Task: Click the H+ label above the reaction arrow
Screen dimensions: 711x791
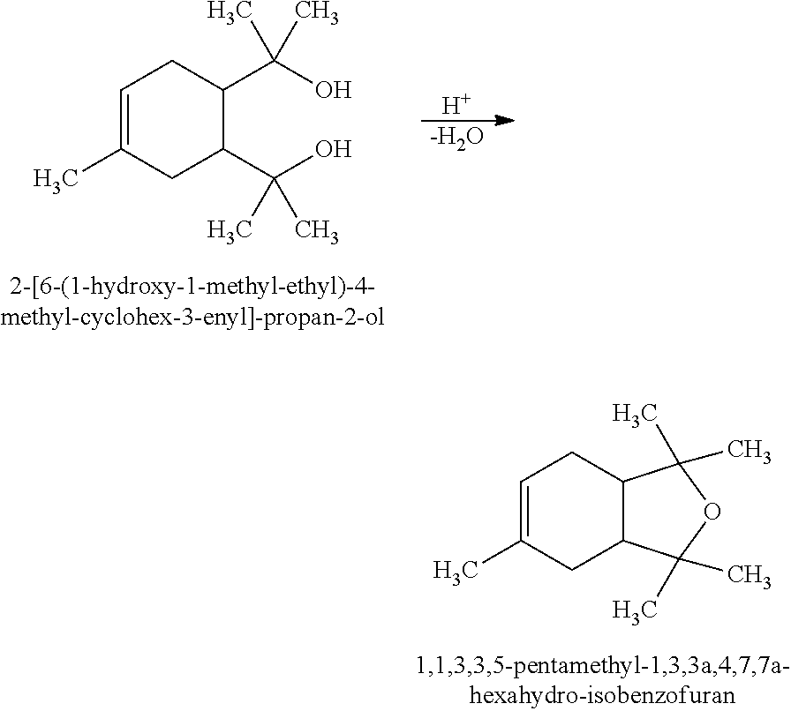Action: pyautogui.click(x=456, y=106)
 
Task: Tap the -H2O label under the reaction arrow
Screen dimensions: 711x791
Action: pyautogui.click(x=456, y=138)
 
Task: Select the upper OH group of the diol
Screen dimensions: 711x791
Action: pyautogui.click(x=333, y=90)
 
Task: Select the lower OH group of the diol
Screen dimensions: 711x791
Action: pyautogui.click(x=333, y=149)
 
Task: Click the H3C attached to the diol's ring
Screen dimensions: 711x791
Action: pyautogui.click(x=56, y=180)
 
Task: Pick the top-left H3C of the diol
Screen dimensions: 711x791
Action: pyautogui.click(x=230, y=13)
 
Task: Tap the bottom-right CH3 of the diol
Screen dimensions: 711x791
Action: pyautogui.click(x=316, y=231)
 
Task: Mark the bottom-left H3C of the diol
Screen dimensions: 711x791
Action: pyautogui.click(x=230, y=231)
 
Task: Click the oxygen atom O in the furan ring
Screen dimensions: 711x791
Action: pyautogui.click(x=712, y=513)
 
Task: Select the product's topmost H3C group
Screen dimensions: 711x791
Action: pyautogui.click(x=634, y=414)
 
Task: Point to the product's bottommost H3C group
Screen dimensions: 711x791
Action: pyautogui.click(x=634, y=610)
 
